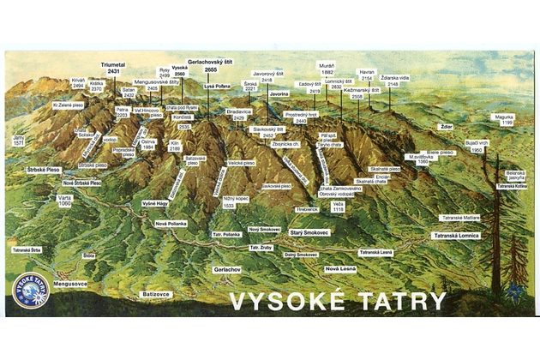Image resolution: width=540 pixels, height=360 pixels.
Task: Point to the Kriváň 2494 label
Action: click(78, 83)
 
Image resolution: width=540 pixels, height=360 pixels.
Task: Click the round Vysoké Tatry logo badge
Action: click(31, 290)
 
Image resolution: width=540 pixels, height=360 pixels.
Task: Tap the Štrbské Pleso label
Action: click(40, 170)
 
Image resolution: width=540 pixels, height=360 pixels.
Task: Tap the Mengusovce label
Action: click(70, 279)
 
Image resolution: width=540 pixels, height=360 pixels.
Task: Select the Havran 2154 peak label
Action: click(367, 75)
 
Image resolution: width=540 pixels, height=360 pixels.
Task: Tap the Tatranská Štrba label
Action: click(27, 250)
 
